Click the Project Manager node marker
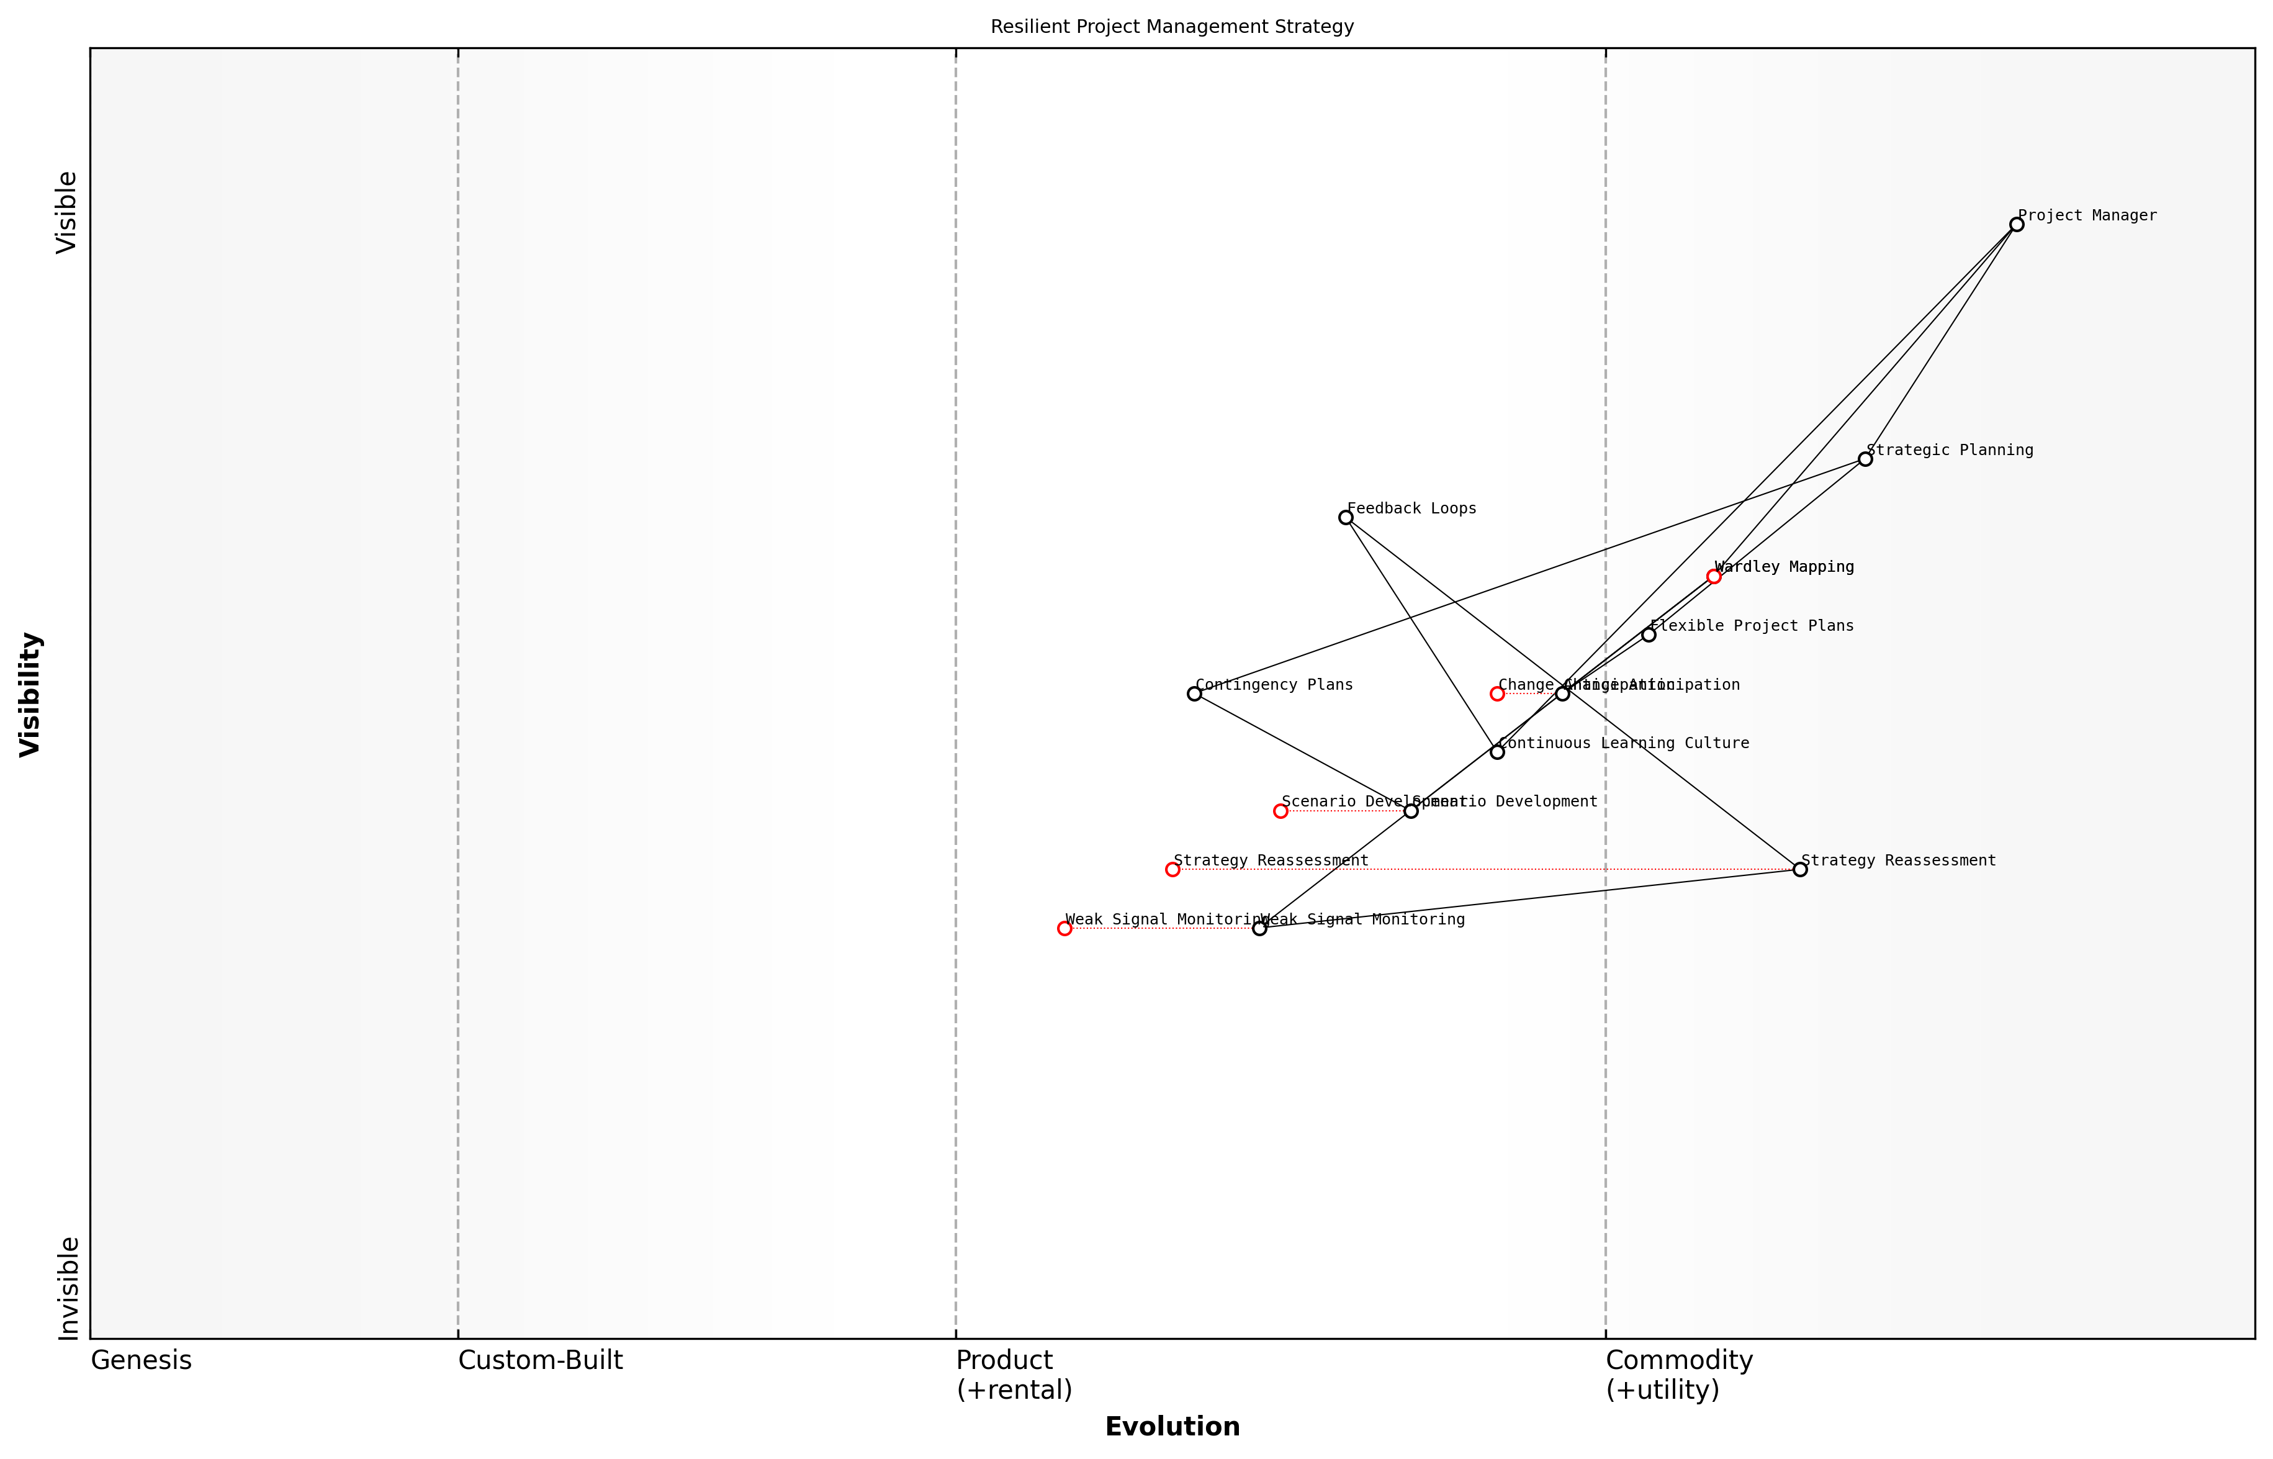click(x=2016, y=225)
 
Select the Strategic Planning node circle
click(x=1865, y=459)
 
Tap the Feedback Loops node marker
click(x=1346, y=517)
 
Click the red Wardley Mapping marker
click(x=1713, y=576)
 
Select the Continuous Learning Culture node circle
click(x=1497, y=752)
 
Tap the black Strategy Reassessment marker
click(x=1799, y=870)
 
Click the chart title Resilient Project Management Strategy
click(x=1171, y=27)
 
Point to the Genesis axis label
click(x=141, y=1360)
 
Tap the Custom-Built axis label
click(x=540, y=1360)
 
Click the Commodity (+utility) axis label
click(x=1678, y=1375)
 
